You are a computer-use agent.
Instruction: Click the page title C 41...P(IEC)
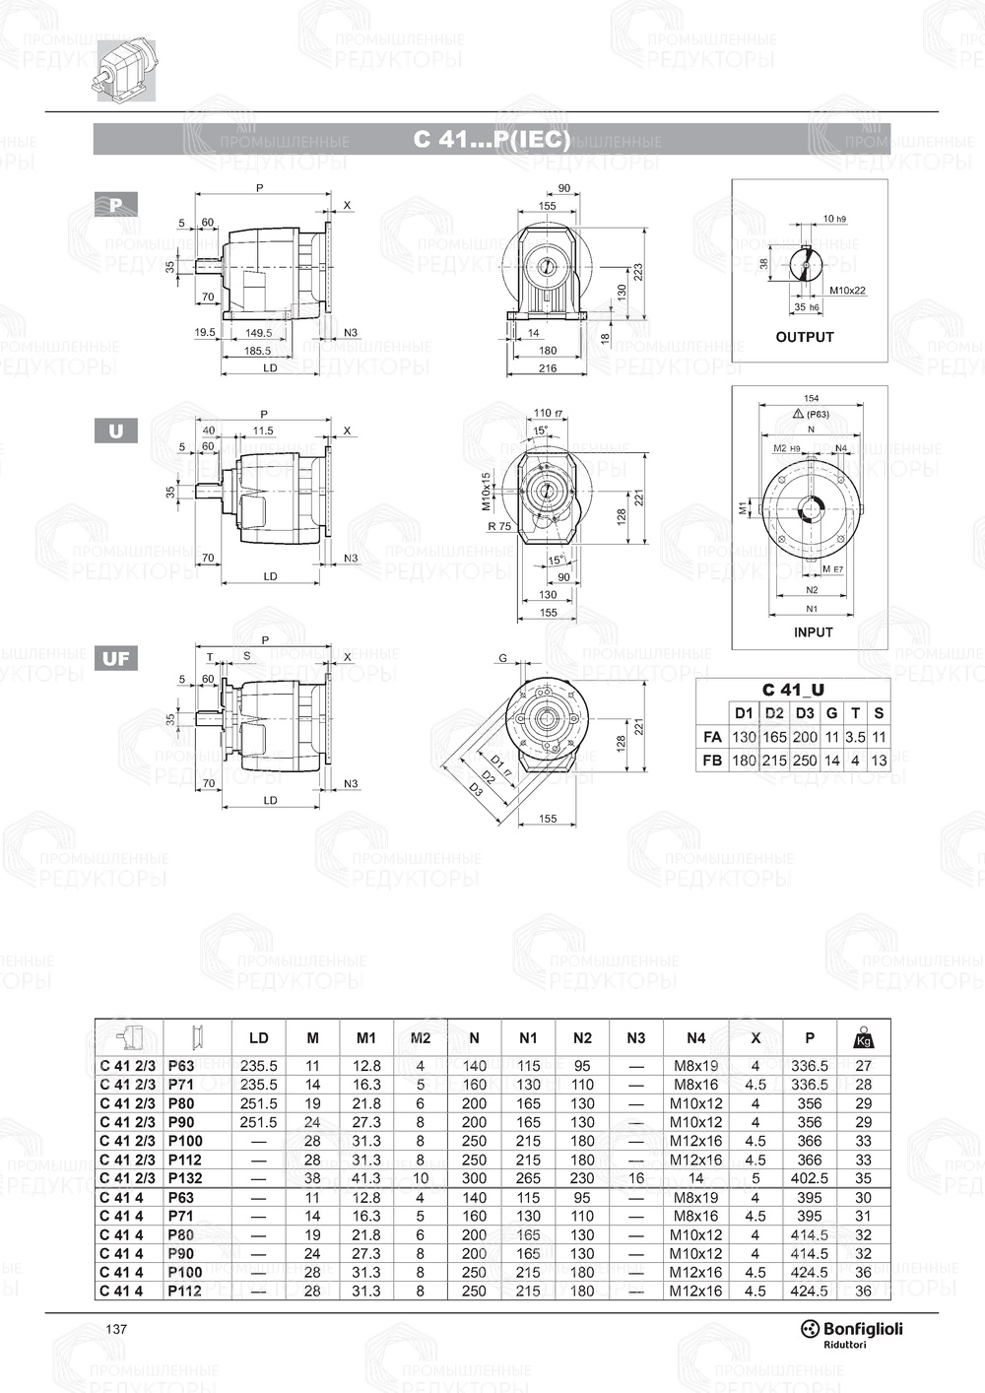click(492, 139)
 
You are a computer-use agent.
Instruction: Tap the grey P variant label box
click(115, 205)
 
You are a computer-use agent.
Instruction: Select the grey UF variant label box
click(115, 658)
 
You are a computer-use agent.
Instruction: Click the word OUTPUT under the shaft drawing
click(804, 337)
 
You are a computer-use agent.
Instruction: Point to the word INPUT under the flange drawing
click(813, 632)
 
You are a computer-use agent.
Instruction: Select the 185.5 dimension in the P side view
click(258, 350)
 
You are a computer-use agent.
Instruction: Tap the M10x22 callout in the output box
click(846, 291)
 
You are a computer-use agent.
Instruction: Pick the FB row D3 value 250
click(805, 760)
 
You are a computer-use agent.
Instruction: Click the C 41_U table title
click(792, 690)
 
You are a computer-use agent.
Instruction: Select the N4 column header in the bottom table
click(695, 1037)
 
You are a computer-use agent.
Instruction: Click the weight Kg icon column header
click(864, 1037)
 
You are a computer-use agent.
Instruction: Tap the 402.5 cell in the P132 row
click(810, 1178)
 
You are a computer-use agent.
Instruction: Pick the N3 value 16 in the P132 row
click(635, 1178)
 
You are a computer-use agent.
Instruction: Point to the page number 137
click(116, 1329)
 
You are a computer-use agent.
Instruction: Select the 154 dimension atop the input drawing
click(811, 399)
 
